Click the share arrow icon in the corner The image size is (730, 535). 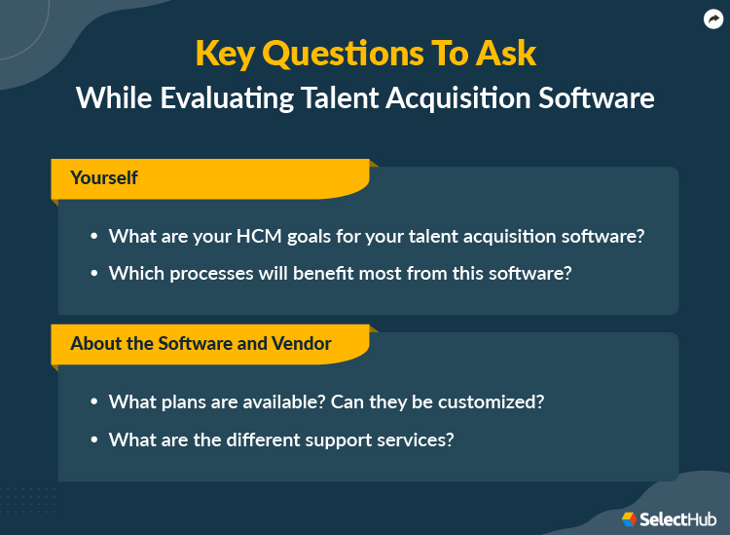(x=712, y=19)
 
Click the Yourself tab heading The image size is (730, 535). (x=104, y=178)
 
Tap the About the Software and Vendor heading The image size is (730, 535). (x=201, y=343)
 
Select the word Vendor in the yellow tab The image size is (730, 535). (x=303, y=343)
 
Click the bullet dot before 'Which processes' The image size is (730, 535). (x=94, y=275)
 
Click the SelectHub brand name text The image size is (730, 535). (x=678, y=518)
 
